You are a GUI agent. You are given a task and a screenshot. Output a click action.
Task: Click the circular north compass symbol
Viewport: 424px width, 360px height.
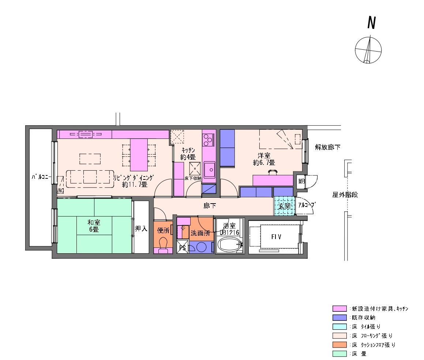click(x=368, y=50)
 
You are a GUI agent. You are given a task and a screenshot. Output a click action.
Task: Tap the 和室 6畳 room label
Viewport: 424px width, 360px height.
click(x=94, y=226)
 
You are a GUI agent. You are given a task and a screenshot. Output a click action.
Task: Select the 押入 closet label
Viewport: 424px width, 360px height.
click(x=141, y=228)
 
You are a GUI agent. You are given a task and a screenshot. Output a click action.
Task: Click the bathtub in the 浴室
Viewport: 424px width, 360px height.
click(x=229, y=245)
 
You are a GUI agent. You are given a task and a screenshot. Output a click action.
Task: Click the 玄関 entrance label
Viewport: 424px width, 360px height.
click(x=285, y=206)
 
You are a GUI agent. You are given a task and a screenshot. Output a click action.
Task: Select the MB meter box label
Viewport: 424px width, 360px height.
click(x=301, y=181)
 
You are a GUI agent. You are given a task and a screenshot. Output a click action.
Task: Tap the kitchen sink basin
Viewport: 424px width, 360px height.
click(x=210, y=170)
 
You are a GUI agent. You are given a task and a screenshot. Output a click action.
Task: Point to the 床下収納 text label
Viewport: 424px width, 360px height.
click(x=193, y=178)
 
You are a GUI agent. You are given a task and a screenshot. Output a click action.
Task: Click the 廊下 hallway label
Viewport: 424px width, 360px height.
click(x=210, y=206)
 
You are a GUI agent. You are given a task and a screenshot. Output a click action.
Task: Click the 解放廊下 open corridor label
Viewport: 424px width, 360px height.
click(x=328, y=147)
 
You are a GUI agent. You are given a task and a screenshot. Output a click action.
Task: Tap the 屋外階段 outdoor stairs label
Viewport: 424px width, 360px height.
click(x=345, y=194)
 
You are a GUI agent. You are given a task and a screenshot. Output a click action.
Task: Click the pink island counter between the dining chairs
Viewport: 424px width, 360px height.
click(x=139, y=155)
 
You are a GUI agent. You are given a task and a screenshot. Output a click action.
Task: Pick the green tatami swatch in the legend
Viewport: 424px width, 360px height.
click(x=339, y=353)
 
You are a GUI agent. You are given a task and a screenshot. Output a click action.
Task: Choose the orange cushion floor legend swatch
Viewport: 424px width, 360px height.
click(x=339, y=345)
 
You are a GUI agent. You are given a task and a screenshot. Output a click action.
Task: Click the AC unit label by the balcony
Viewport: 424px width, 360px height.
click(x=61, y=191)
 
